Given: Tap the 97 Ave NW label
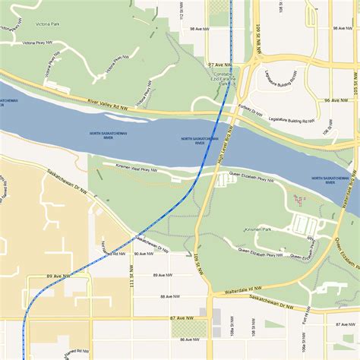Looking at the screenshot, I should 221,65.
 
